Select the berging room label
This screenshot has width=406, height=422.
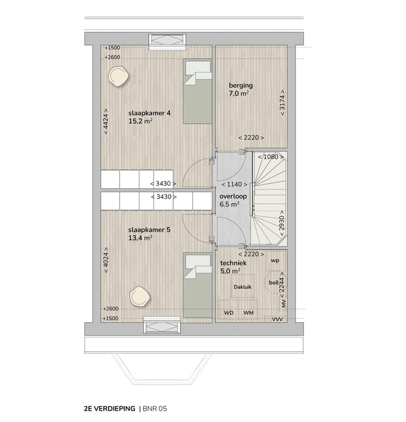(x=240, y=86)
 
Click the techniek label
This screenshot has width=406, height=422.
(x=232, y=263)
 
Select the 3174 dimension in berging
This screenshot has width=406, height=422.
(x=282, y=102)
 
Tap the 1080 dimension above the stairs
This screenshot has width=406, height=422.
(x=271, y=157)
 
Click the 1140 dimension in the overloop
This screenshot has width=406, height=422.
(x=232, y=184)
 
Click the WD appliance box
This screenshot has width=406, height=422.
(x=229, y=313)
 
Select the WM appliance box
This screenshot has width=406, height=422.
(x=248, y=313)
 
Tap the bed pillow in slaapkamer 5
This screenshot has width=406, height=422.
(x=197, y=261)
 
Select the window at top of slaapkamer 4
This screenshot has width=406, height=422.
(x=166, y=40)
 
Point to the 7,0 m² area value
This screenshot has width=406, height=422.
(x=239, y=95)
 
